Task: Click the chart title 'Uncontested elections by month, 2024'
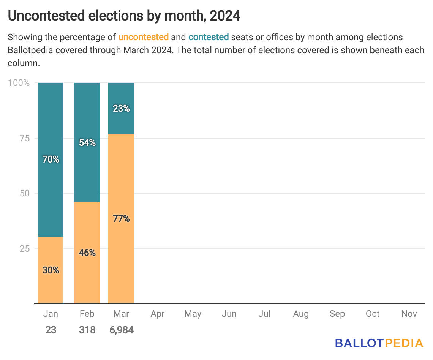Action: [124, 16]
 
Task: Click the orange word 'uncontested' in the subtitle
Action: [143, 37]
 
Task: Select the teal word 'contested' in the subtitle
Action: [209, 37]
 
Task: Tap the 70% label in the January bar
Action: [51, 159]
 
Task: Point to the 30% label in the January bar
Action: [51, 270]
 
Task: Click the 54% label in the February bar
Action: [87, 143]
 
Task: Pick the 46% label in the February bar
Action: [87, 253]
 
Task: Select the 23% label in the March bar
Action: [121, 109]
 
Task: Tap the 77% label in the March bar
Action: [121, 219]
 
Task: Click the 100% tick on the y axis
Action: [19, 83]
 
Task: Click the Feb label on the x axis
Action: [87, 314]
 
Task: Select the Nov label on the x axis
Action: [409, 314]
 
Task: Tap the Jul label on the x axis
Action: [264, 314]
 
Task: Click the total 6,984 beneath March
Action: [121, 330]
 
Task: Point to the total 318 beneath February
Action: [87, 330]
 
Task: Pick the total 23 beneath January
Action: [51, 330]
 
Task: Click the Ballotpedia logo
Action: [379, 343]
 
